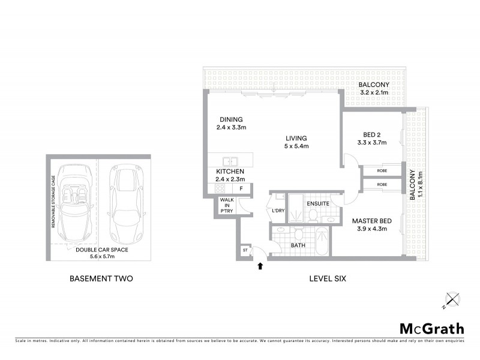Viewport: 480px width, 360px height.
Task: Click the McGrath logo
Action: (x=431, y=328)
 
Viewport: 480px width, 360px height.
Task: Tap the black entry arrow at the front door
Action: (x=260, y=264)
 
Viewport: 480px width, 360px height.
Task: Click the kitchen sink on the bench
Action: (x=230, y=161)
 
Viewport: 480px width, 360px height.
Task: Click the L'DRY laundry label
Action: (x=277, y=211)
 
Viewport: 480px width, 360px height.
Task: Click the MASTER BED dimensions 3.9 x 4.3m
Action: (x=368, y=229)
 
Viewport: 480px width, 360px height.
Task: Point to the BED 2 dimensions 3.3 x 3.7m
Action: (x=372, y=143)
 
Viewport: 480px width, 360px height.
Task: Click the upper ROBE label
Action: (x=382, y=170)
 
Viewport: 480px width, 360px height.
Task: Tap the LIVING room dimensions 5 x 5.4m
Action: (x=296, y=145)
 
